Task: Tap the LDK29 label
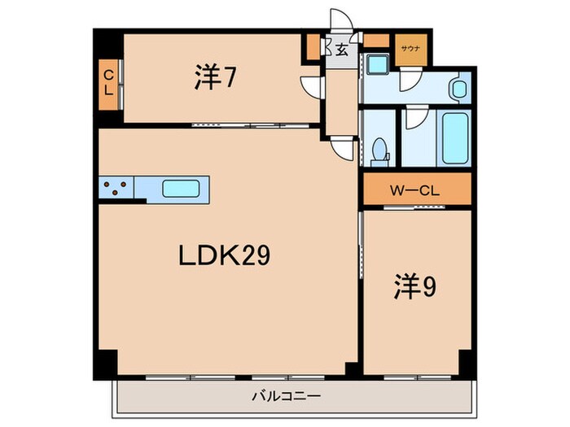click(225, 256)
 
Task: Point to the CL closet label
click(107, 82)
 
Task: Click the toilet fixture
click(379, 150)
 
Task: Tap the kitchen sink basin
click(181, 189)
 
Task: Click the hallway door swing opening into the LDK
click(344, 147)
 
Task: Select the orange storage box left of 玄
click(313, 49)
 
